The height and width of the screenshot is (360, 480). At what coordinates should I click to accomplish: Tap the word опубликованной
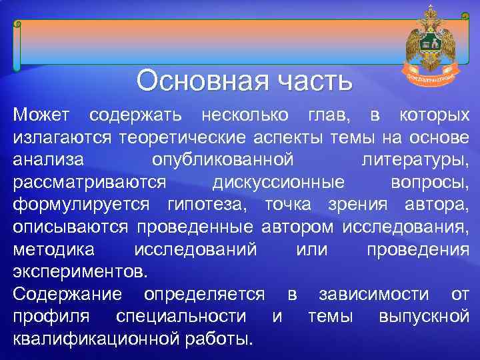pos(223,160)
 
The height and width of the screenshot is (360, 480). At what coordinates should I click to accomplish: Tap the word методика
pos(54,249)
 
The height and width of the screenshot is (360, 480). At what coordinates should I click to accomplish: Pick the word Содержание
pos(67,294)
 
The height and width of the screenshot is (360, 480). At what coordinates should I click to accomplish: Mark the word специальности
pos(188,316)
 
